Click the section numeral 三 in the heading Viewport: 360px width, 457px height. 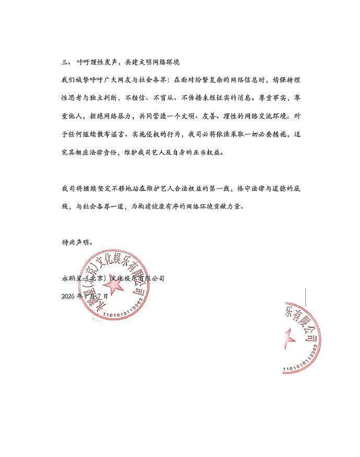(64, 62)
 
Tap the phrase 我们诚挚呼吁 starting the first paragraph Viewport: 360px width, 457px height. (79, 80)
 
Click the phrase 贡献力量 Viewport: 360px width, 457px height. (243, 206)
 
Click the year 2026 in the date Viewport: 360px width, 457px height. (68, 296)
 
